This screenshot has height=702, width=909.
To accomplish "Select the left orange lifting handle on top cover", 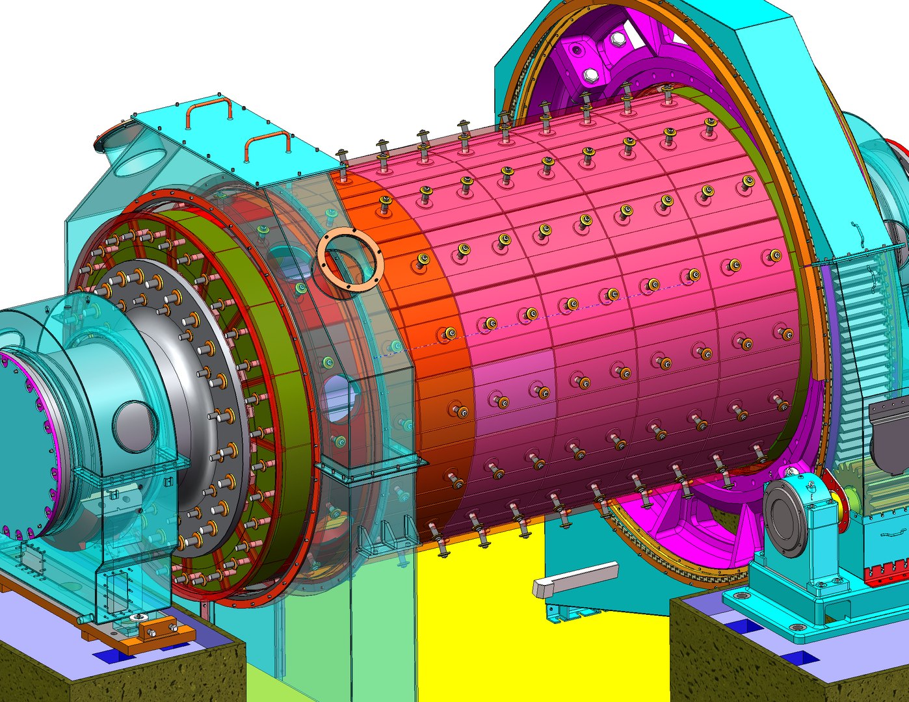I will [209, 110].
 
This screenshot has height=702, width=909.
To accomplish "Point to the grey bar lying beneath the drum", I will [575, 580].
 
